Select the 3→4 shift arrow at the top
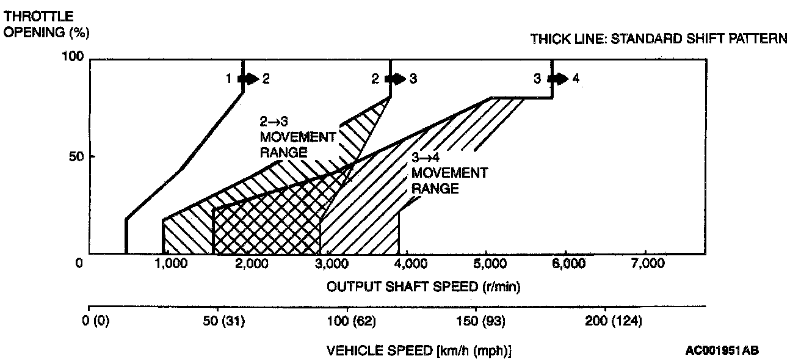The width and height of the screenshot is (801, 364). (556, 79)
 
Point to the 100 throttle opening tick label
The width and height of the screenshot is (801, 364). (72, 57)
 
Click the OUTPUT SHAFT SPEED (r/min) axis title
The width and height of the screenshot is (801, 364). (423, 286)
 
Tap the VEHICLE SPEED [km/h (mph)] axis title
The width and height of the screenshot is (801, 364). (419, 351)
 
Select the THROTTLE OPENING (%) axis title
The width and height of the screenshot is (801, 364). (43, 24)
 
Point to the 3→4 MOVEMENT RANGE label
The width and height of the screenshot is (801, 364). (449, 173)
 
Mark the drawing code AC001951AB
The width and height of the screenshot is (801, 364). (722, 351)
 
